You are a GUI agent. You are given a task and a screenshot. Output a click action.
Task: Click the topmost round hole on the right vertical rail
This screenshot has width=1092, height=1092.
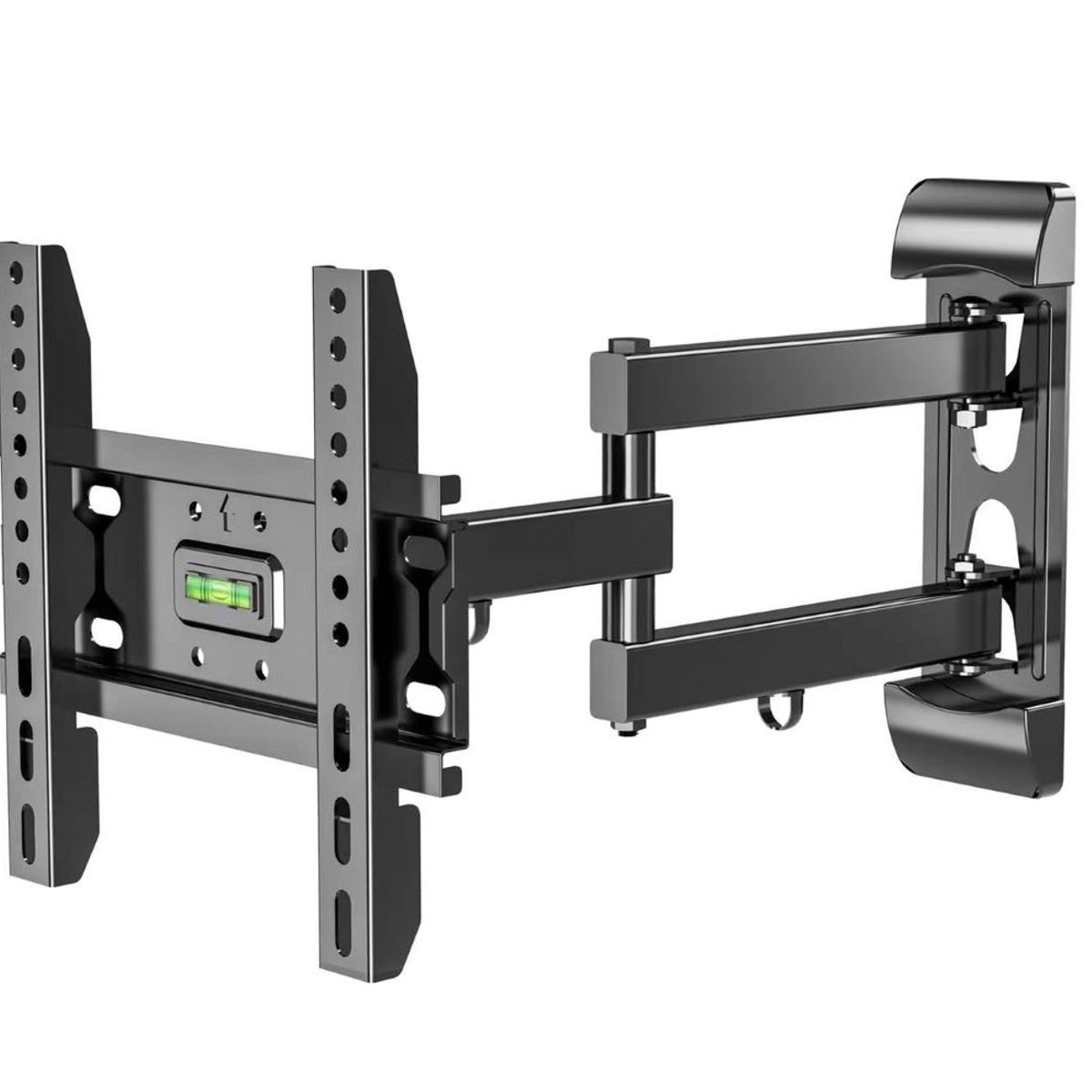pos(337,297)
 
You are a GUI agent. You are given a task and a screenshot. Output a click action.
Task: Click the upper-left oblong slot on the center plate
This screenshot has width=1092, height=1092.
pos(106,500)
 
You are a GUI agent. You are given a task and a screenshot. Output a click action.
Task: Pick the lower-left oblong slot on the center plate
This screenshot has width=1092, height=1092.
pos(106,630)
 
